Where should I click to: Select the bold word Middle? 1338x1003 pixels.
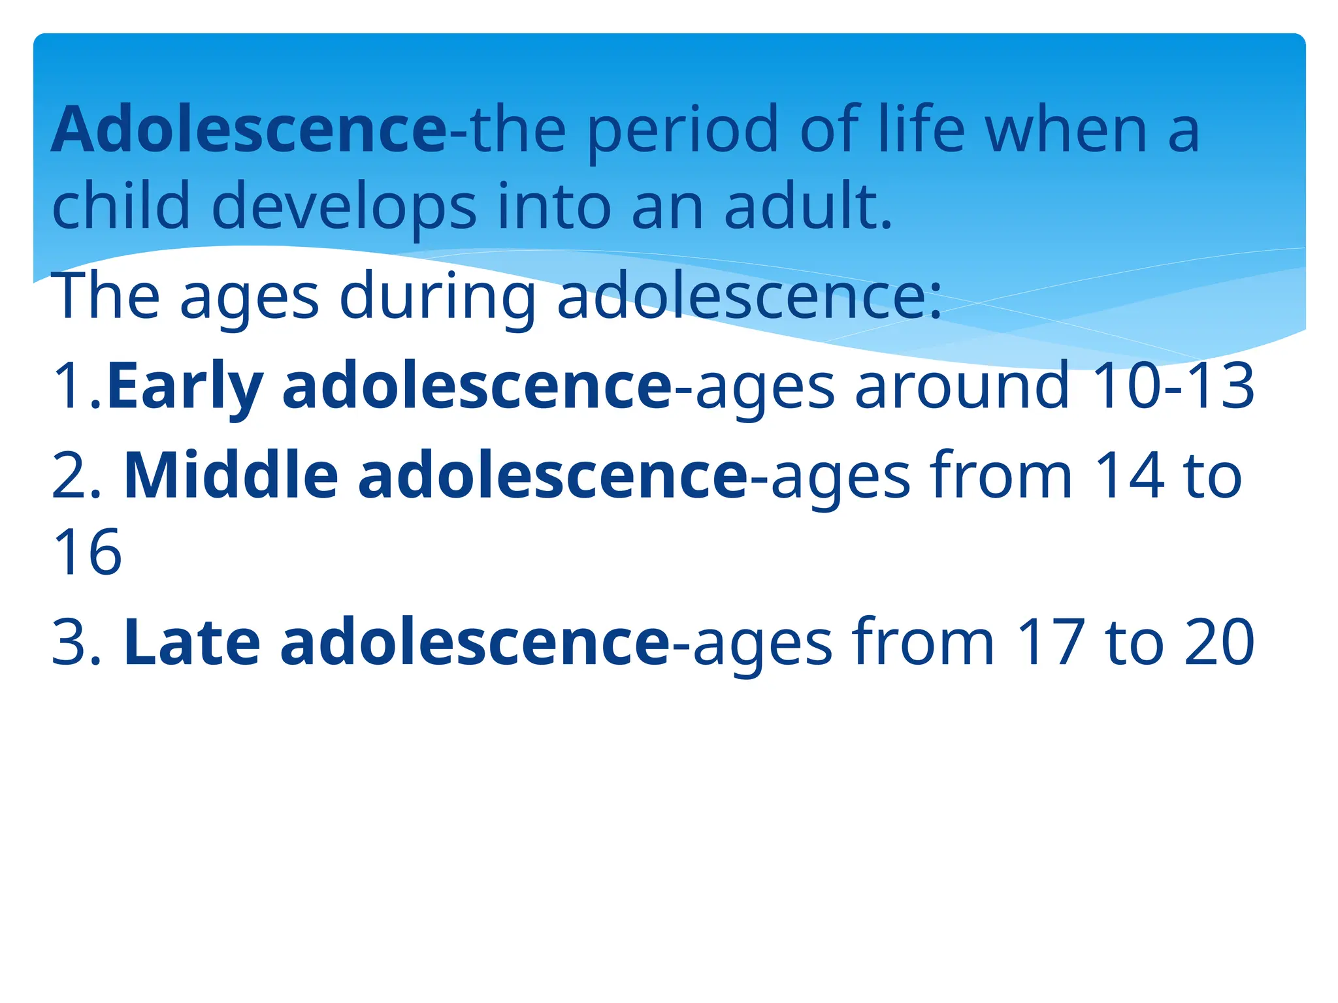click(x=231, y=476)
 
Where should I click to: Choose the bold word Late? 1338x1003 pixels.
click(x=191, y=643)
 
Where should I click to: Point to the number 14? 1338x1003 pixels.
click(x=1130, y=476)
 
